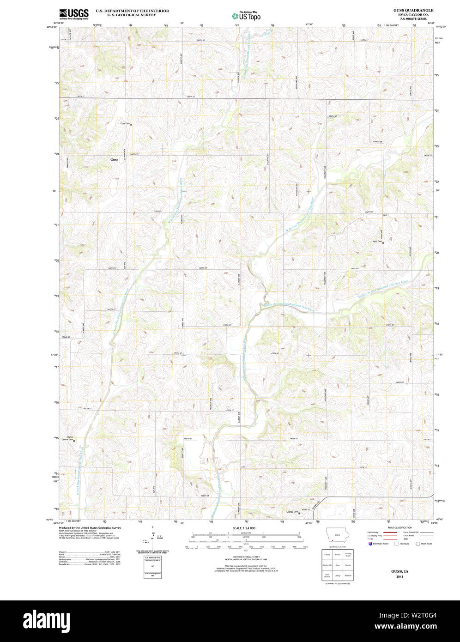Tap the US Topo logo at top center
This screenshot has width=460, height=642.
[246, 15]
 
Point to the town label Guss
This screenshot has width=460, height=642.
[114, 160]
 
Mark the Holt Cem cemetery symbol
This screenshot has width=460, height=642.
[383, 242]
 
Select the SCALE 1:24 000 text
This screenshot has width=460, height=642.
[244, 528]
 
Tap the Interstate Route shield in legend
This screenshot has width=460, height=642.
[369, 544]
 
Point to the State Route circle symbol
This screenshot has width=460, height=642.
[418, 544]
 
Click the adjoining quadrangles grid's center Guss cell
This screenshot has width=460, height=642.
[338, 565]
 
